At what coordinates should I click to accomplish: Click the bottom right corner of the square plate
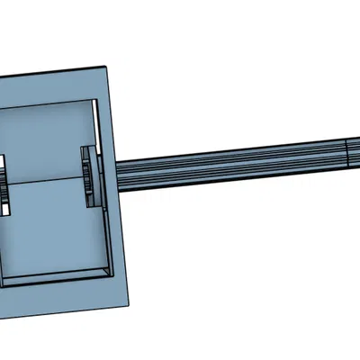[x=132, y=301]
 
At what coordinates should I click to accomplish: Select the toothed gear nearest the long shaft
[x=87, y=176]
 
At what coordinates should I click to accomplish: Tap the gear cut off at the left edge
[x=4, y=184]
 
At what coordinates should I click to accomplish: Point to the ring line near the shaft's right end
[x=347, y=152]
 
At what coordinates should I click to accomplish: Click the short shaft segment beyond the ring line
[x=355, y=151]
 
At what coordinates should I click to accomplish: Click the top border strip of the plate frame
[x=54, y=81]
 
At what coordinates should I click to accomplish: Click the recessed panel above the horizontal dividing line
[x=45, y=144]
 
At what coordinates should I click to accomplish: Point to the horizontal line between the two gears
[x=45, y=184]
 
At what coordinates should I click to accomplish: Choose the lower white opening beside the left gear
[x=4, y=206]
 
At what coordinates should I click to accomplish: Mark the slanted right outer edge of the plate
[x=121, y=189]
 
